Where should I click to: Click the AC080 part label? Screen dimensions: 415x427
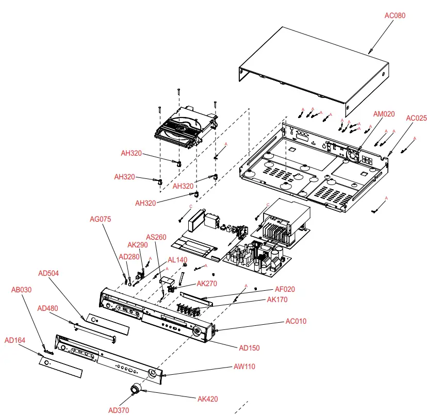click(x=395, y=15)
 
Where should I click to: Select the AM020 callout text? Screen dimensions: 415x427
click(x=384, y=114)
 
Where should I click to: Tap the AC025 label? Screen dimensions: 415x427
click(x=416, y=118)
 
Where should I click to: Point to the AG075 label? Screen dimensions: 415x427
click(x=100, y=219)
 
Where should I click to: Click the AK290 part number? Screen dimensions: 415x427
click(x=138, y=245)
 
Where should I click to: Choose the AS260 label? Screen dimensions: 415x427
click(x=156, y=237)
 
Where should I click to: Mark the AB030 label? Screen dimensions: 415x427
click(x=21, y=290)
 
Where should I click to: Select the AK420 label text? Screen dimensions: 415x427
click(x=208, y=399)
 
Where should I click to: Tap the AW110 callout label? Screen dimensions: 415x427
click(x=244, y=367)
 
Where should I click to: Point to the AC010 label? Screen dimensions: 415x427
click(x=296, y=321)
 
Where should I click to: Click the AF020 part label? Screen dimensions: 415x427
click(x=285, y=290)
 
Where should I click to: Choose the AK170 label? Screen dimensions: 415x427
click(x=277, y=300)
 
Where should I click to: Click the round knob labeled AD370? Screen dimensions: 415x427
click(x=136, y=390)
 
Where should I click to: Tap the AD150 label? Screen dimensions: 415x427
click(x=249, y=347)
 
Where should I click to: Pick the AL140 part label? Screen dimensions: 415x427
click(x=177, y=260)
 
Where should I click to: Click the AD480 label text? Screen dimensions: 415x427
click(x=48, y=308)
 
